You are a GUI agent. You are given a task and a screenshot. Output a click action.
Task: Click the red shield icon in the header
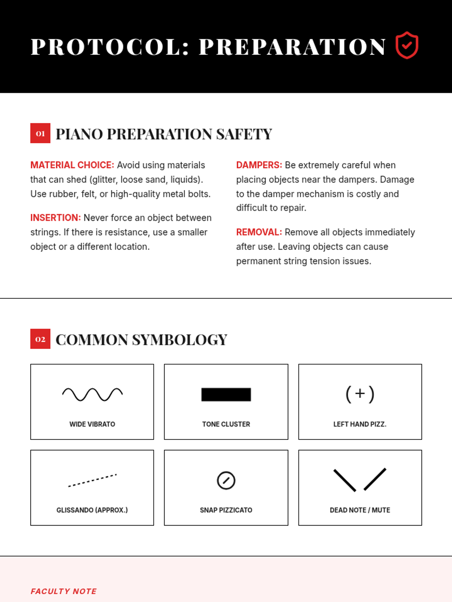407,46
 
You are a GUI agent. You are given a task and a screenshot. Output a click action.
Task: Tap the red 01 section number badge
40,133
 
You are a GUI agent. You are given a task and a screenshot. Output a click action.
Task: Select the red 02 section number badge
40,339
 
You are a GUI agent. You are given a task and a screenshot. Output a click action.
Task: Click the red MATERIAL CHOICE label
72,165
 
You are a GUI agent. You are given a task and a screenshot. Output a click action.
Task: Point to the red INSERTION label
55,218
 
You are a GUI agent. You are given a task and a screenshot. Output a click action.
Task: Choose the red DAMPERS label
259,165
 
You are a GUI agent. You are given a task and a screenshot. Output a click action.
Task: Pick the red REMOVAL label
259,232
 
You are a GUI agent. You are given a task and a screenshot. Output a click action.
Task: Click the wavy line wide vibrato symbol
92,394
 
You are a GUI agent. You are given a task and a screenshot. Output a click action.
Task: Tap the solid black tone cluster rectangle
226,394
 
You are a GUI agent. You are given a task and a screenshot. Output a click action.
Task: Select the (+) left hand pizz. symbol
360,394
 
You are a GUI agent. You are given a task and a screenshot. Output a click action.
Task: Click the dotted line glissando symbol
92,480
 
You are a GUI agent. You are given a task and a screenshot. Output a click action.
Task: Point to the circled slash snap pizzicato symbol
226,480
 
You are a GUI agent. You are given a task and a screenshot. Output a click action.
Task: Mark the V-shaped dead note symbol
360,480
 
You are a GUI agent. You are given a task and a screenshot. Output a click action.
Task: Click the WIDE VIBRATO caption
92,424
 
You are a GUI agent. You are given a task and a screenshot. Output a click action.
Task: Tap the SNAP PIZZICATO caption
226,510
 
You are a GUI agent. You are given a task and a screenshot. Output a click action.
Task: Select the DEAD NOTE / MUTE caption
360,510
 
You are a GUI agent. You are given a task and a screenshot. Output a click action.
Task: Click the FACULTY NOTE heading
63,591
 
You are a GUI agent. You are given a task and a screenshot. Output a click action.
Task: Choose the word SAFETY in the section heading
244,134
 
